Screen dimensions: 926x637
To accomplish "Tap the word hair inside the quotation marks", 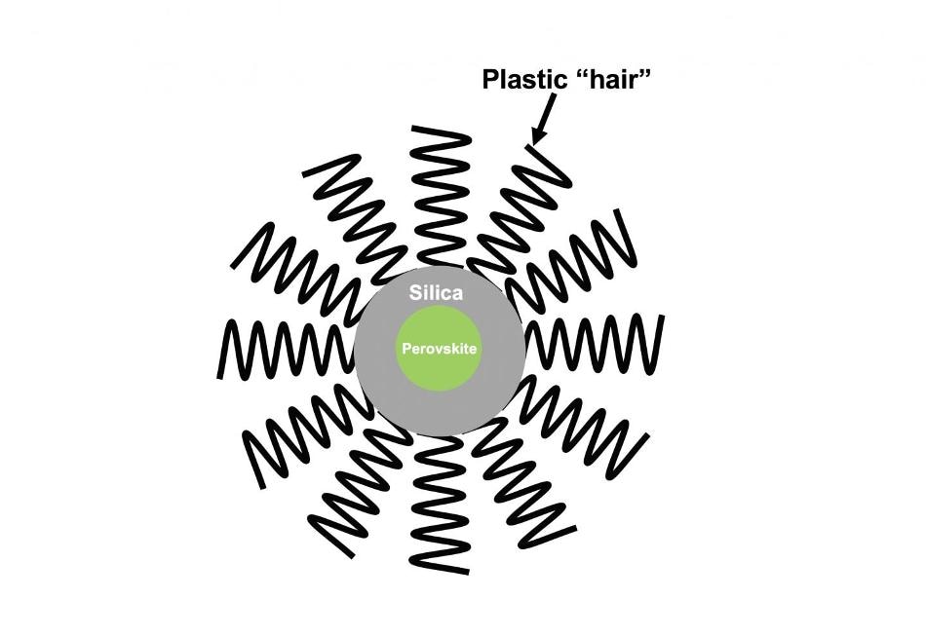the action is [617, 79].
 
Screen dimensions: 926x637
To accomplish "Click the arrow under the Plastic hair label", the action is [544, 119].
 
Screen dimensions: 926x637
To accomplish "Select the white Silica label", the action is [436, 293].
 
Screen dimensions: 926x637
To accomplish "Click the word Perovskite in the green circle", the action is [439, 349].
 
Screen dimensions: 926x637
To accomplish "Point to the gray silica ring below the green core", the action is [440, 412].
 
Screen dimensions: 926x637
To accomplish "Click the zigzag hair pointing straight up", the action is [441, 195].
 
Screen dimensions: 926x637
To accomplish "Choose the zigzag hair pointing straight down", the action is [441, 505].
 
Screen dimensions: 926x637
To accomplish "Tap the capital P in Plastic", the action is [490, 79].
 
